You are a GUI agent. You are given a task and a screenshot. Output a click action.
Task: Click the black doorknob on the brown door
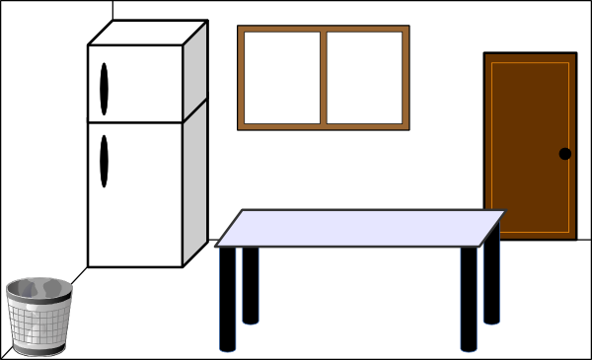coord(565,153)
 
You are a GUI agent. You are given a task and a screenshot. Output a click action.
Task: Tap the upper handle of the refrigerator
coord(104,89)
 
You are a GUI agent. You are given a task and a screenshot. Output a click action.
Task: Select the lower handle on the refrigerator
coord(104,162)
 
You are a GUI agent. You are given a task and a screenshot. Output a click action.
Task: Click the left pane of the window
coord(281,78)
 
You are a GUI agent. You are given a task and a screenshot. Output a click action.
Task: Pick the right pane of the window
coord(365,78)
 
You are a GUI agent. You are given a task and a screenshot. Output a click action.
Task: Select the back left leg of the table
coord(251,285)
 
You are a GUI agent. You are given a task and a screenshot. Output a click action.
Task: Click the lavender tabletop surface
coord(360,227)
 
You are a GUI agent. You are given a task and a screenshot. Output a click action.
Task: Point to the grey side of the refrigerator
coord(194,148)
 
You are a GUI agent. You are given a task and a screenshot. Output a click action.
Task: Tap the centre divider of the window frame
coord(324,78)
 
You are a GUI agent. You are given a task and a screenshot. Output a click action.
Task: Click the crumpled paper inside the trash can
coord(37,289)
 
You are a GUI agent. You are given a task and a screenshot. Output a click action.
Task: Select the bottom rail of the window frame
coord(324,126)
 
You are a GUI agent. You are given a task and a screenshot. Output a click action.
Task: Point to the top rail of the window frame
coord(324,29)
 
